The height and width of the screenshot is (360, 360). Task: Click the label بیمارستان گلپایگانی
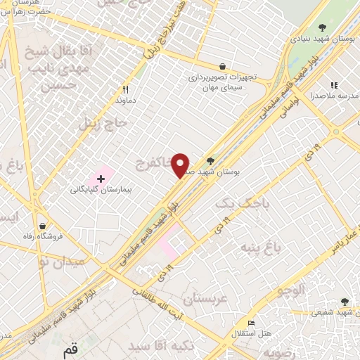tap(101, 190)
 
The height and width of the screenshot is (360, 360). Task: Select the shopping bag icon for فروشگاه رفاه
tap(44, 226)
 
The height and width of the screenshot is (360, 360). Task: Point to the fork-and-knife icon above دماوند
tap(126, 89)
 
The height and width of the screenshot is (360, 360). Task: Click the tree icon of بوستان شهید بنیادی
tap(322, 27)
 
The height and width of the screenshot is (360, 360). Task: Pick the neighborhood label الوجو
tap(291, 290)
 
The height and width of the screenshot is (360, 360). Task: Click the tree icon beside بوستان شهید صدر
tap(210, 160)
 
